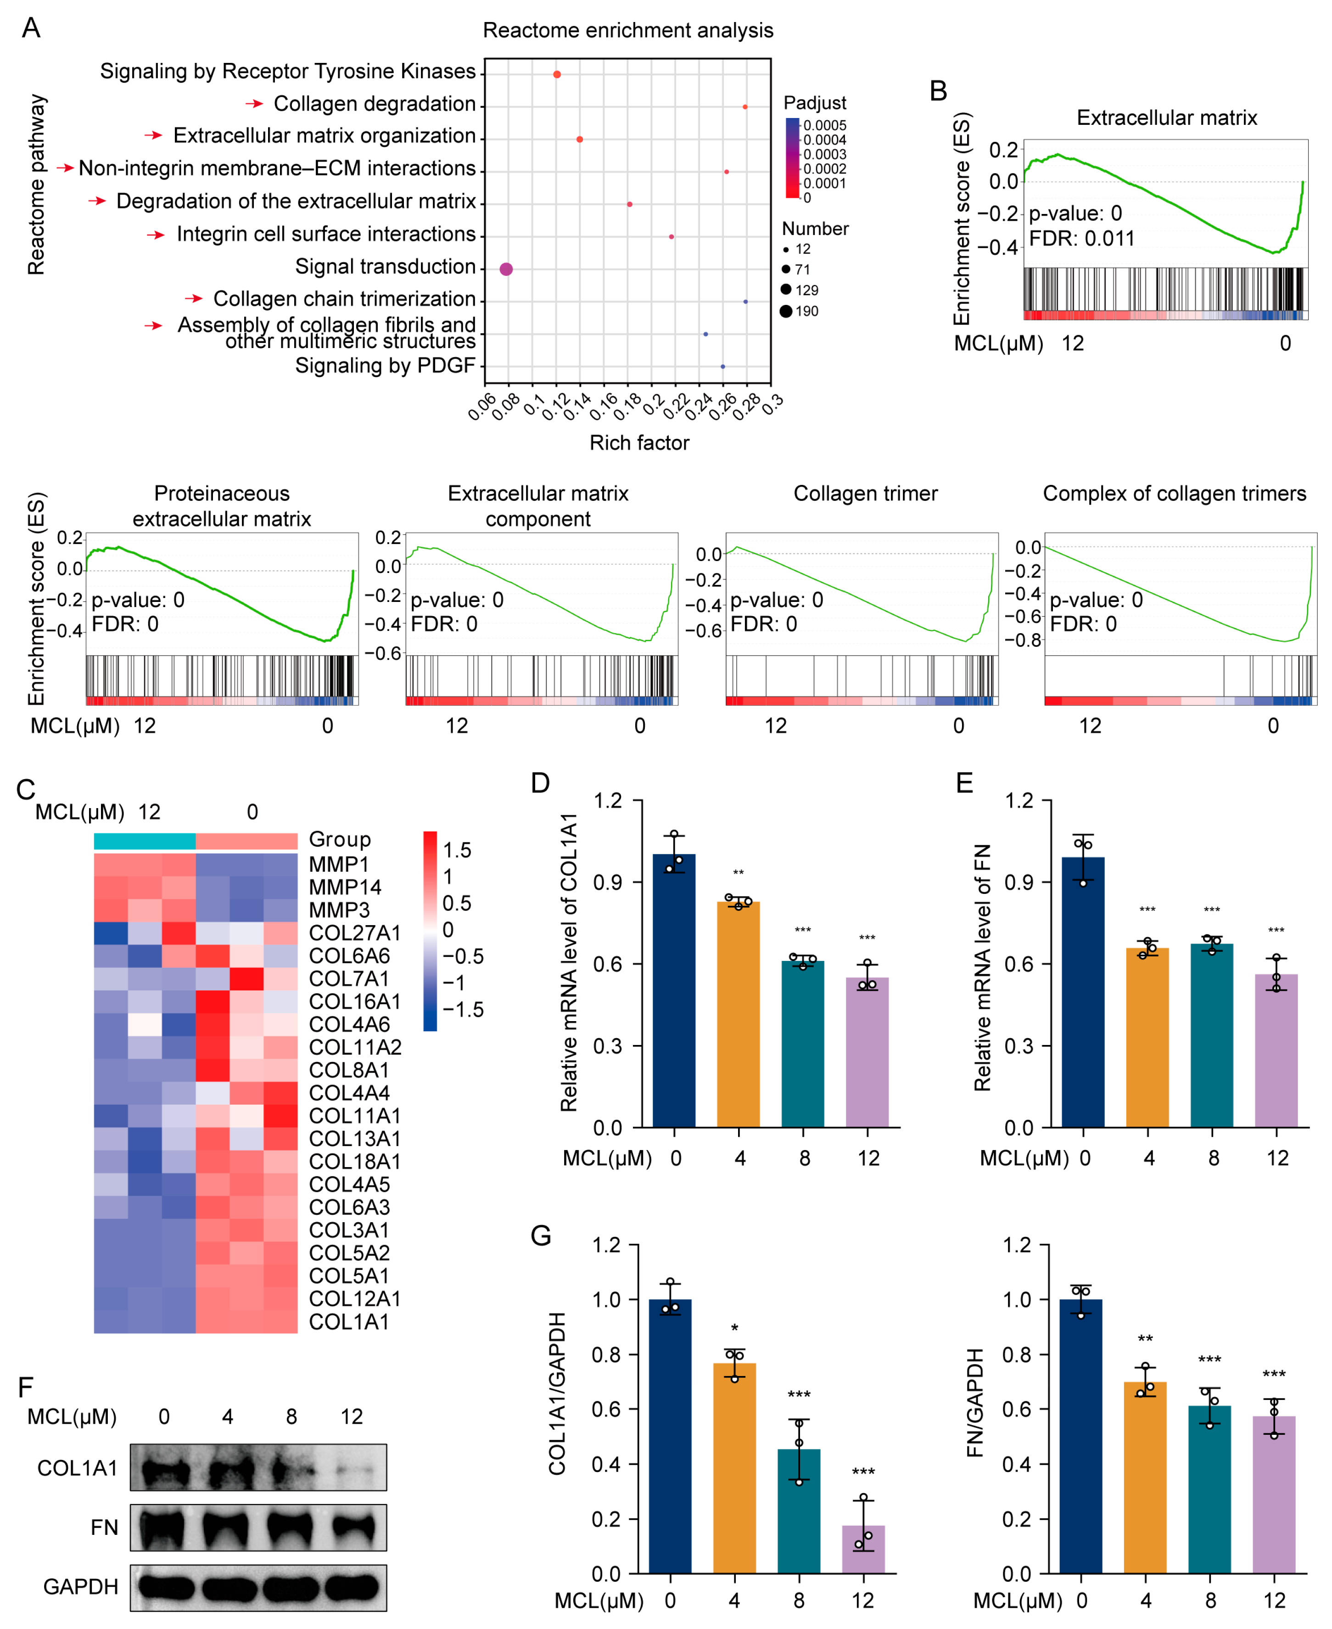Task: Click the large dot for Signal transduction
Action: pos(506,269)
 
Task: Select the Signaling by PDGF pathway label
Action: pos(385,365)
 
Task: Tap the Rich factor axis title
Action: pos(639,443)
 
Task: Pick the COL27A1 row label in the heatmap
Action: pos(354,932)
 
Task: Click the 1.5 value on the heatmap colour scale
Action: pos(457,850)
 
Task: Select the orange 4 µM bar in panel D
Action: pos(738,1013)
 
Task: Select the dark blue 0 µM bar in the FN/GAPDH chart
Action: pos(1080,1435)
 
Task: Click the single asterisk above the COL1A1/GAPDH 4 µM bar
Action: pos(734,1328)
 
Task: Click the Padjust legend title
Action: pos(814,103)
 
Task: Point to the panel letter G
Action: pos(541,1236)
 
